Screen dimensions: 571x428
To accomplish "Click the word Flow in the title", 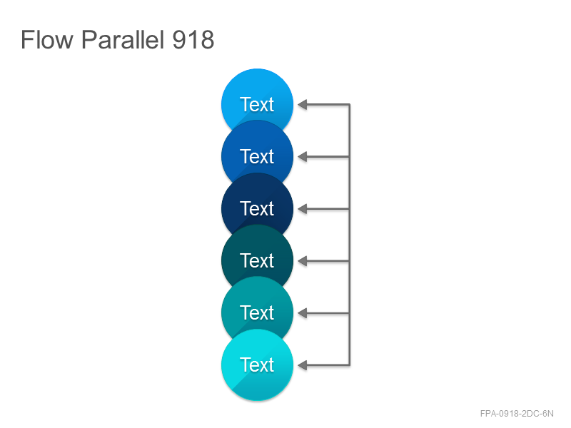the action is (x=47, y=39).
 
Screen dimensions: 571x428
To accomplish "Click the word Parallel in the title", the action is (x=122, y=39).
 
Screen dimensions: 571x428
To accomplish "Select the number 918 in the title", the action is (x=193, y=39).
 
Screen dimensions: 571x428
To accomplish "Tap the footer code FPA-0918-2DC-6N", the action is (x=517, y=414).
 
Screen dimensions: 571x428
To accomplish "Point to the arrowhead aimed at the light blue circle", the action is (x=302, y=105).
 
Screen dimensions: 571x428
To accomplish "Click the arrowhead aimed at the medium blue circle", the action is (x=302, y=157).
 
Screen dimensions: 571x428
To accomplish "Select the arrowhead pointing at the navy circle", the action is (x=302, y=209).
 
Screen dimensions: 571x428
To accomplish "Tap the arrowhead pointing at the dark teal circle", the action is (x=302, y=261).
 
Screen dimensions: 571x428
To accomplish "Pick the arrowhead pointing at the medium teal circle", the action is (x=302, y=313).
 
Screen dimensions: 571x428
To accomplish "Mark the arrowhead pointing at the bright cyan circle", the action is (x=302, y=365).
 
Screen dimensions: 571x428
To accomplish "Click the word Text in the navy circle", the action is (x=257, y=208).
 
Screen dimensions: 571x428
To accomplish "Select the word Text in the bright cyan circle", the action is (x=257, y=365).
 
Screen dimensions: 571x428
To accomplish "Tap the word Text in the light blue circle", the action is (x=257, y=104).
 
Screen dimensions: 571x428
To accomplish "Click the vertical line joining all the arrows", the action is (x=350, y=235).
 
